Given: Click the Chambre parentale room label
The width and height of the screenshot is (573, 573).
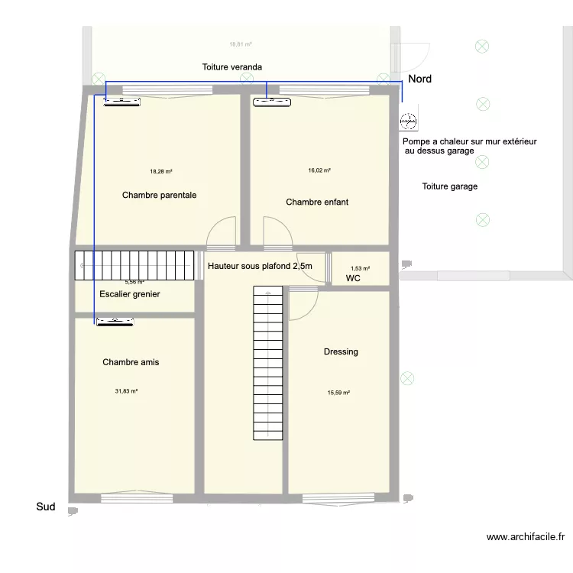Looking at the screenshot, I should [159, 196].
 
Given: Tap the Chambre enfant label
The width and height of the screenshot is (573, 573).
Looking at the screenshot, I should [317, 202].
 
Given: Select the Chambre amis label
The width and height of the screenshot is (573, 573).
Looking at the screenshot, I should [131, 362].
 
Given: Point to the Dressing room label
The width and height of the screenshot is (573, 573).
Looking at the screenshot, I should [341, 352].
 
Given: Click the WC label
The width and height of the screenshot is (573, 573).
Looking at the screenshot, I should [353, 280].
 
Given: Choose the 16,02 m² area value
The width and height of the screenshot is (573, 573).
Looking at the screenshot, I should [319, 171].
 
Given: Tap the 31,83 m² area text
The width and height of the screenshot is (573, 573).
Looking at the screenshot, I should [126, 391].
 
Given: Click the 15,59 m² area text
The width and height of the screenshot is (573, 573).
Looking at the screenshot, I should [338, 393].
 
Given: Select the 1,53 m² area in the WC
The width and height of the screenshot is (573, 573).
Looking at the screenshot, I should [360, 268].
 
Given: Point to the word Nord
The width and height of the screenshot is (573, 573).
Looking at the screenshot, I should [419, 79].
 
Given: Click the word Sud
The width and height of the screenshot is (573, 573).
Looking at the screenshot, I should [46, 507].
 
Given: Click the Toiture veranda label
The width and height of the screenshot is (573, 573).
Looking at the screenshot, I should [232, 67].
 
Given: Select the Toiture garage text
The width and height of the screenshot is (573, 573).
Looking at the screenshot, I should [450, 186].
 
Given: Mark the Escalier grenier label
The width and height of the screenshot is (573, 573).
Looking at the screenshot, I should [130, 294].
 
